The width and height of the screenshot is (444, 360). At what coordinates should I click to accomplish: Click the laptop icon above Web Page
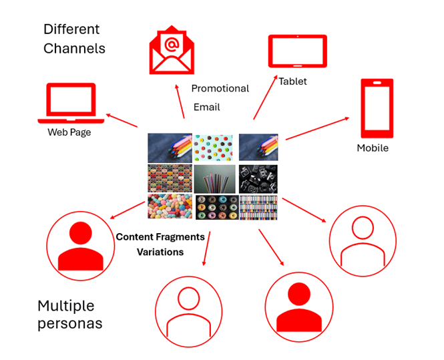(71, 103)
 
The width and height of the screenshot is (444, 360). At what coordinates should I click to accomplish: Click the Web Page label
(69, 132)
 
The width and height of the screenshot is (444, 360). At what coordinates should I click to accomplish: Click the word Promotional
(220, 88)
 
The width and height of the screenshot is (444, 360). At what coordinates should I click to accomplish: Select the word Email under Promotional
(206, 107)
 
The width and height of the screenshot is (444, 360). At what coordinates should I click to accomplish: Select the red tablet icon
(297, 51)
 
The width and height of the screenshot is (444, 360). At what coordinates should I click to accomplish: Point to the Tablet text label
(292, 81)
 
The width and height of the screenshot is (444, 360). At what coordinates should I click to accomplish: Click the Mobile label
(373, 148)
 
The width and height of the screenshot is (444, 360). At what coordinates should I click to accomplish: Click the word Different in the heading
(71, 29)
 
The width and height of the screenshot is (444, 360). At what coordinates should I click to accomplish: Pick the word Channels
(74, 49)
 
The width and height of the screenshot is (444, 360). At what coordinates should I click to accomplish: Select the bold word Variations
(160, 252)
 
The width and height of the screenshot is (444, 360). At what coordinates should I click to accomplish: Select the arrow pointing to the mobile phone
(317, 128)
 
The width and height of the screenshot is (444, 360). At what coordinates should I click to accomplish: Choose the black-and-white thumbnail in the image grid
(258, 178)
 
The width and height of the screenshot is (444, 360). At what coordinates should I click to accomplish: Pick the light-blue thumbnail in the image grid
(213, 147)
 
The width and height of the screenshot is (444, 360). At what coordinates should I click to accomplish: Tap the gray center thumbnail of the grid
(213, 178)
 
